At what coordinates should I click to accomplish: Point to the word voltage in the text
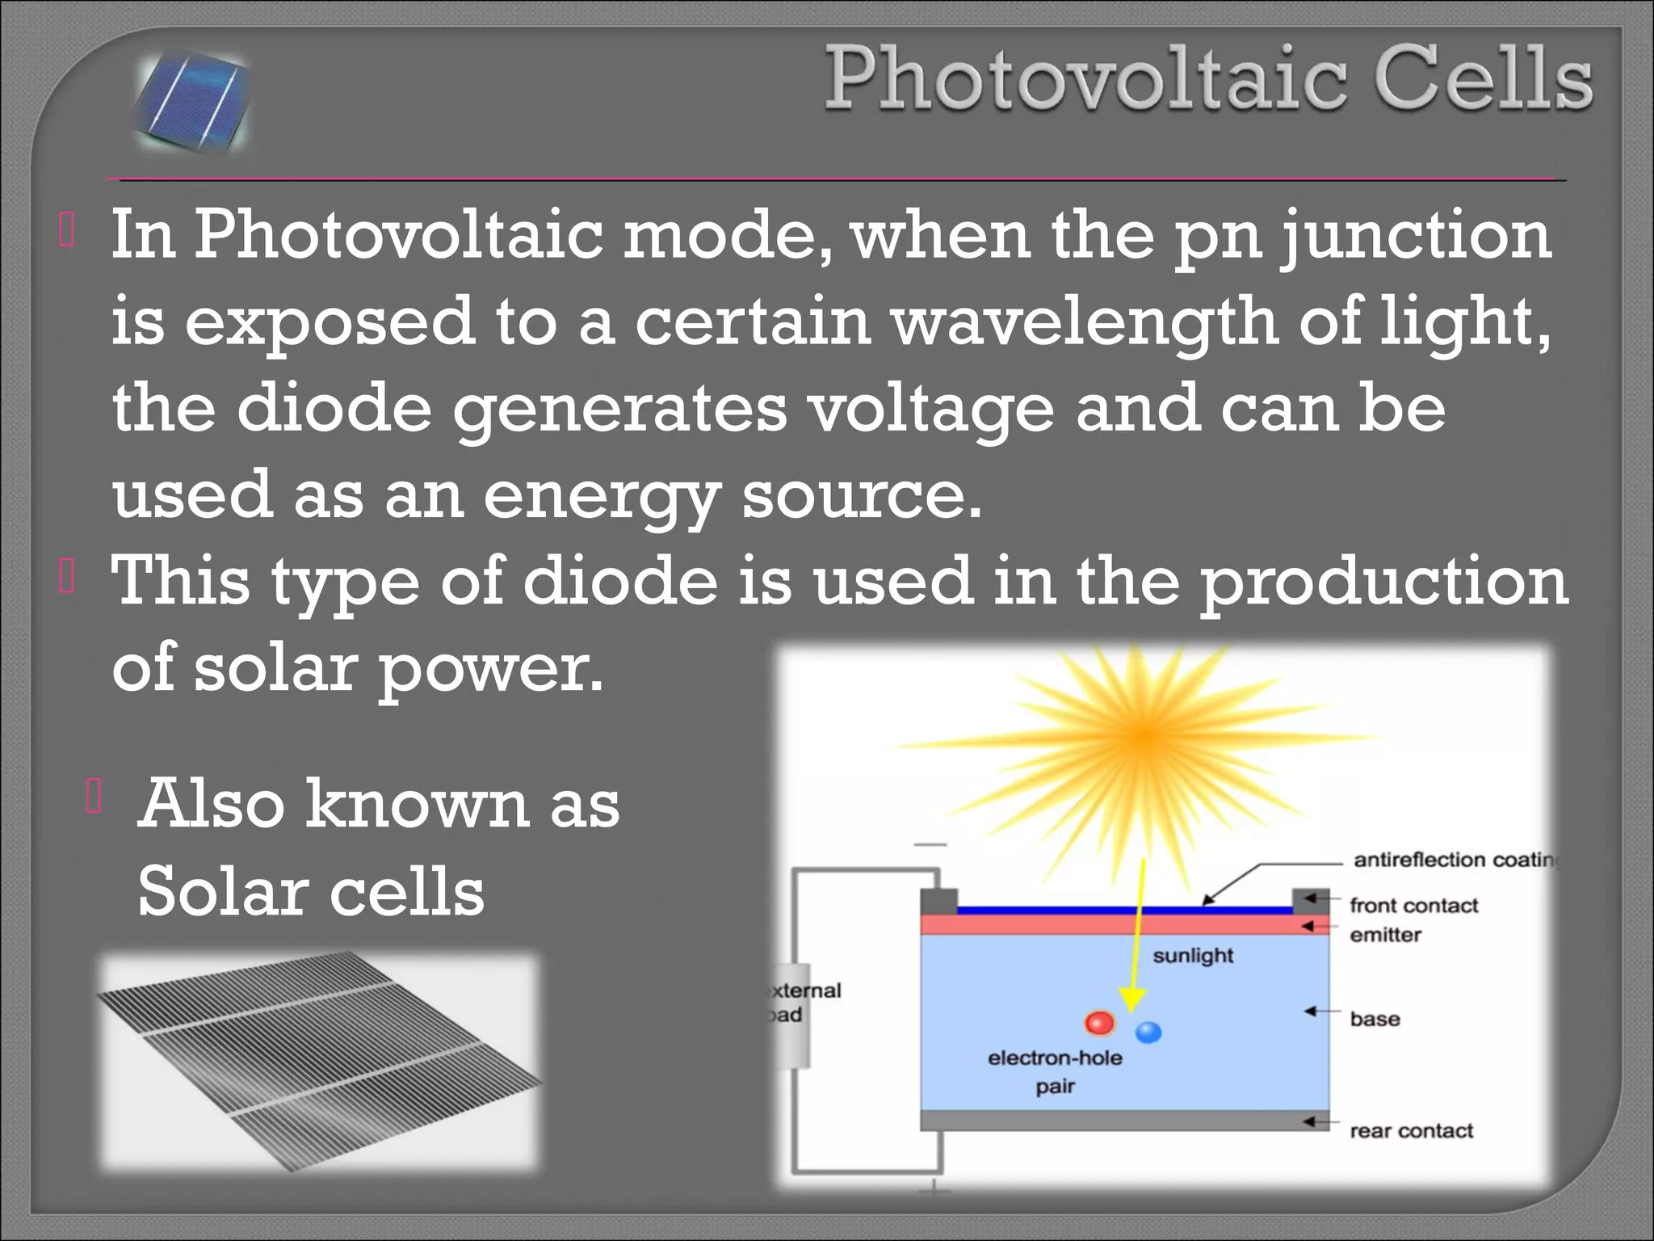[x=932, y=408]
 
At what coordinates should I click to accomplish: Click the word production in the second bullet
[x=1383, y=582]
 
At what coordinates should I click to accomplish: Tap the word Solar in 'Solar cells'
[x=223, y=891]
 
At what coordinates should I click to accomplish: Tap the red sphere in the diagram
[x=1099, y=1024]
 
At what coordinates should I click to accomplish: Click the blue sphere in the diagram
[x=1148, y=1032]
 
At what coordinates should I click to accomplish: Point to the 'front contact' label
[x=1413, y=906]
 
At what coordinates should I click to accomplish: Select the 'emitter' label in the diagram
[x=1385, y=935]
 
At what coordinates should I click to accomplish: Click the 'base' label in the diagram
[x=1375, y=1019]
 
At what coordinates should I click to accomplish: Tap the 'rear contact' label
[x=1411, y=1130]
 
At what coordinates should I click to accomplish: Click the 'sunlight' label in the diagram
[x=1193, y=956]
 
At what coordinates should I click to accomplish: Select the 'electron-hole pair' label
[x=1055, y=1071]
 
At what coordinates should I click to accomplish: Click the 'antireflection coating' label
[x=1454, y=860]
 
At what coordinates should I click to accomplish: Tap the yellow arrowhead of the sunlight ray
[x=1131, y=1000]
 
